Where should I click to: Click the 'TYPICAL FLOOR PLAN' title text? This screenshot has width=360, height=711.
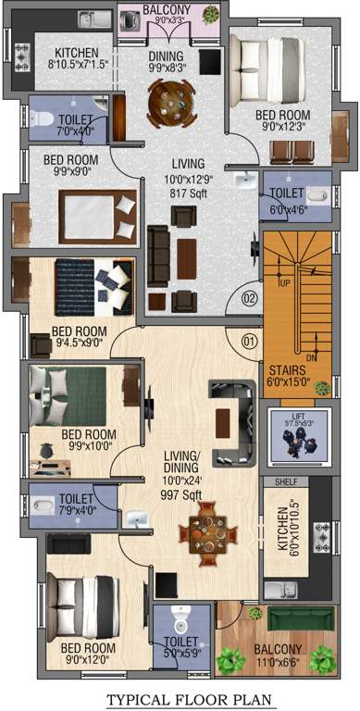[180, 699]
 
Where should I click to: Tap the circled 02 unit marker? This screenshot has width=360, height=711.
[248, 298]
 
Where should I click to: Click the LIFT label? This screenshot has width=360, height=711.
[298, 418]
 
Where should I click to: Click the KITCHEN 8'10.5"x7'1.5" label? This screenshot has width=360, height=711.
[77, 58]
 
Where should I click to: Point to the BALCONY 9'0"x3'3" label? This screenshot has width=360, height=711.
[166, 12]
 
